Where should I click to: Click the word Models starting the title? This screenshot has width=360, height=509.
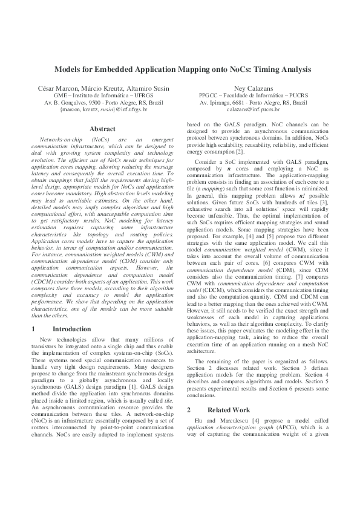coord(65,70)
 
